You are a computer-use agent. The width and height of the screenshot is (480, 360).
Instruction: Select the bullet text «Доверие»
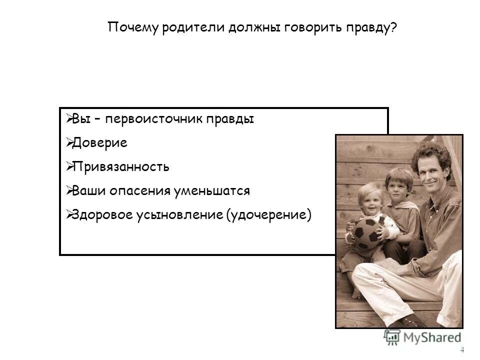click(x=99, y=143)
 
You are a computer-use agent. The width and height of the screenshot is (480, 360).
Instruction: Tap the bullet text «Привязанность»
click(x=120, y=166)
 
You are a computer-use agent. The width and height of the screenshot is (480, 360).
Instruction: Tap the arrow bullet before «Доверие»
click(x=69, y=142)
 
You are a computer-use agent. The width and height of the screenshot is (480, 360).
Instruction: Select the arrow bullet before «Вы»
click(x=69, y=119)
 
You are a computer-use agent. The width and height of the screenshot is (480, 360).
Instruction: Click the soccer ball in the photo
click(x=366, y=232)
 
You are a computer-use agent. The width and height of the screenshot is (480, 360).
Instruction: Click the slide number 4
click(x=462, y=349)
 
